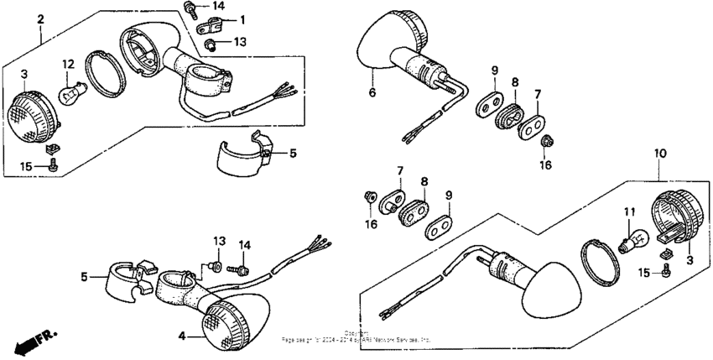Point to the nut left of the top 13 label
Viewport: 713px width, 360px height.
coord(209,43)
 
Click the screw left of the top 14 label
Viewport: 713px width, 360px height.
coord(191,9)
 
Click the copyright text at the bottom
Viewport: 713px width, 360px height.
coord(357,337)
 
